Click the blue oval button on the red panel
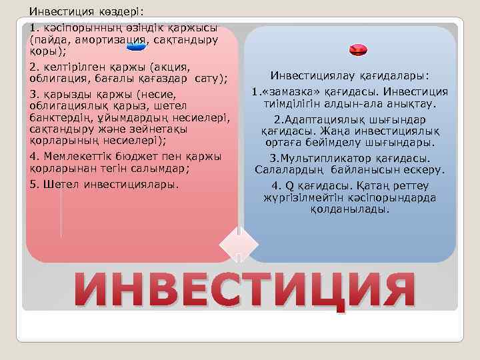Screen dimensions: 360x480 (x=136, y=47)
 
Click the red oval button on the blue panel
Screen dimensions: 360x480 (x=358, y=49)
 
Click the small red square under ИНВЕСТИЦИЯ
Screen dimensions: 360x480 (x=341, y=309)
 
